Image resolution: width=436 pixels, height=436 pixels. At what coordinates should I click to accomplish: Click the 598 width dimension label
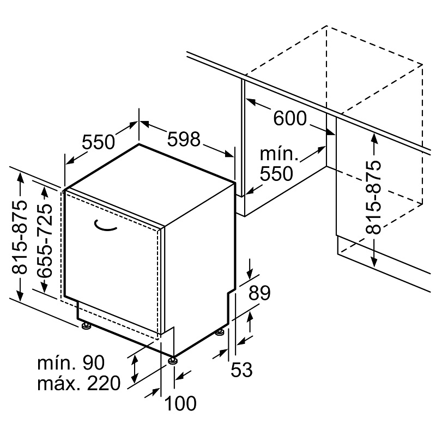click(184, 139)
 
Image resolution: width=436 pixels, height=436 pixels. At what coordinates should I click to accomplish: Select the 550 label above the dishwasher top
click(98, 142)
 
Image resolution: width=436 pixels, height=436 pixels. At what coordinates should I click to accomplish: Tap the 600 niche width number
click(290, 118)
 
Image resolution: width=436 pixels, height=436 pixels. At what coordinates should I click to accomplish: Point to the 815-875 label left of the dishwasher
click(20, 237)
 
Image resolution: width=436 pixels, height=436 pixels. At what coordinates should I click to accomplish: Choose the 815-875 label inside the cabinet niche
click(373, 197)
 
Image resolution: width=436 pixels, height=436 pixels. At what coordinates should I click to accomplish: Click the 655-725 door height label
click(45, 241)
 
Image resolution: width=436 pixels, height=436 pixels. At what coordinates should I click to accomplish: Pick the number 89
click(259, 293)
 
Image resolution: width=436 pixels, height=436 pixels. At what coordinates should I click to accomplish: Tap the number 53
click(241, 370)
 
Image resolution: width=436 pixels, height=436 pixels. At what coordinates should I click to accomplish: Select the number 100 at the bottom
click(180, 403)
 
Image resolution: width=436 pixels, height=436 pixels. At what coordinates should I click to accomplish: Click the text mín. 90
click(71, 362)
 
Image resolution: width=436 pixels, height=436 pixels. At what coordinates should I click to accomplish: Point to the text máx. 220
click(79, 383)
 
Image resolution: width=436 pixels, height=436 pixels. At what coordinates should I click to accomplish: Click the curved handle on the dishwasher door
click(105, 226)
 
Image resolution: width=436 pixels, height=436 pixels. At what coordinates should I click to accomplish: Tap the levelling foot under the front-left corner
click(86, 326)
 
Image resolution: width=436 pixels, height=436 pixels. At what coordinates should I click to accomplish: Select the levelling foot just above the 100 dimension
click(173, 360)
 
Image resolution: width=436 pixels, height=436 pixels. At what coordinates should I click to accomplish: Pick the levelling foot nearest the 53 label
click(220, 332)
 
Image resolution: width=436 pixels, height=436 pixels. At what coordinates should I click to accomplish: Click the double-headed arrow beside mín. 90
click(135, 369)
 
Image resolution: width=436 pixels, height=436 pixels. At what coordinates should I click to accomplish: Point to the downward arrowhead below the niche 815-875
click(374, 262)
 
